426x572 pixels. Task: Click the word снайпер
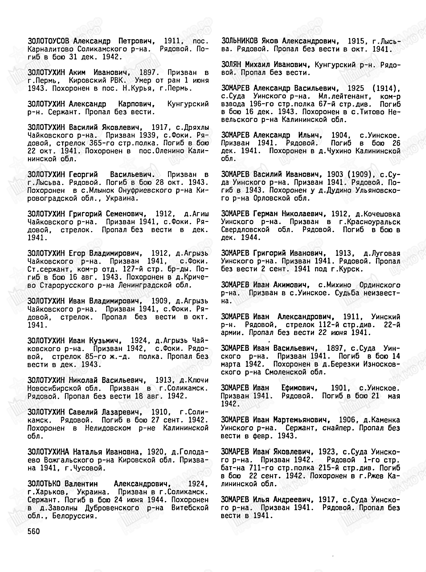pos(335,428)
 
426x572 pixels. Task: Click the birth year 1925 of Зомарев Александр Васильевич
pos(356,88)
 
